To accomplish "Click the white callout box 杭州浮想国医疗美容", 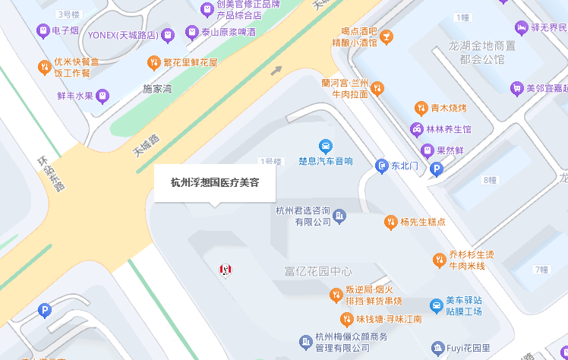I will click(214, 183).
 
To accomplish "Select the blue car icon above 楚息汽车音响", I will click(325, 146).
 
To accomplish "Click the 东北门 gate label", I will click(404, 166).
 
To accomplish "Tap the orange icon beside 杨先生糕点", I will click(391, 222).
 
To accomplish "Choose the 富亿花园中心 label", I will click(318, 271).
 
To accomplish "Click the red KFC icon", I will click(225, 269).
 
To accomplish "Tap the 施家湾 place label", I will click(158, 89).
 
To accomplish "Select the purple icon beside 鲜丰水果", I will click(103, 96).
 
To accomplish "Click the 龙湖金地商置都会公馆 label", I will click(482, 52).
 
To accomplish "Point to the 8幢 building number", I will click(489, 180).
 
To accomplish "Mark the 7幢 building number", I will click(541, 270).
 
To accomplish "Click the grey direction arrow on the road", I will click(276, 71).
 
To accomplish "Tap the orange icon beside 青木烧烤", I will click(420, 108).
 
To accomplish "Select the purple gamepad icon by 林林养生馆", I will click(417, 129).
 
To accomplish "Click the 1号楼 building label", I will click(270, 161).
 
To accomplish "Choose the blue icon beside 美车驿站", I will click(436, 306).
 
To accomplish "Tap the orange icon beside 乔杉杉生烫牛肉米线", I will click(439, 260).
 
